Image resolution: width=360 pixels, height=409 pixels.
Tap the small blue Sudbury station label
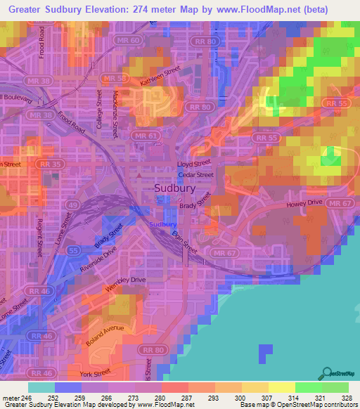(162, 224)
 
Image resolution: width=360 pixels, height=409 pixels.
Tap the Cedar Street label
(195, 174)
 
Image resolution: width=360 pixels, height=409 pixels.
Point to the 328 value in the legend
(347, 397)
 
